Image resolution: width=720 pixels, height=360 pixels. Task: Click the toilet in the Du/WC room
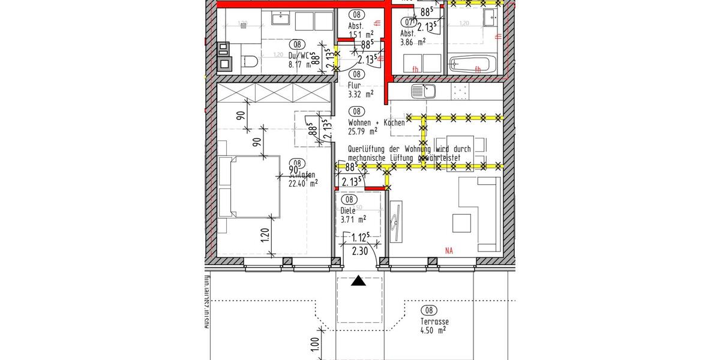[x=250, y=61]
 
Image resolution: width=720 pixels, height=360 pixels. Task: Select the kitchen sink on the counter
[x=423, y=92]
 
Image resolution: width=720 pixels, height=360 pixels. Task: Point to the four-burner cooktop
[x=459, y=92]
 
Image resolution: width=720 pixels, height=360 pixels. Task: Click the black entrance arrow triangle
[x=358, y=280]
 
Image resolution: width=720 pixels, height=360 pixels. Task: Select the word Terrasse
[x=434, y=322]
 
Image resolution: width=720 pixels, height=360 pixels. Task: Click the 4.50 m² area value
[x=433, y=330]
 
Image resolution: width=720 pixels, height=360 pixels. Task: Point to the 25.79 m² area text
[x=363, y=131]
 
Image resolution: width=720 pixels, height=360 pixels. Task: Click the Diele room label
[x=348, y=211]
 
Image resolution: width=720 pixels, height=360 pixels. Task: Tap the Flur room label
[x=355, y=85]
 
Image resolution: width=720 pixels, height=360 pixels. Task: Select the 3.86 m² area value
[x=413, y=41]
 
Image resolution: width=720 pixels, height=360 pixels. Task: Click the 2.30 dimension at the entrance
[x=360, y=251]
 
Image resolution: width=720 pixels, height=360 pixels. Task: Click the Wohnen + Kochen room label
[x=376, y=122]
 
